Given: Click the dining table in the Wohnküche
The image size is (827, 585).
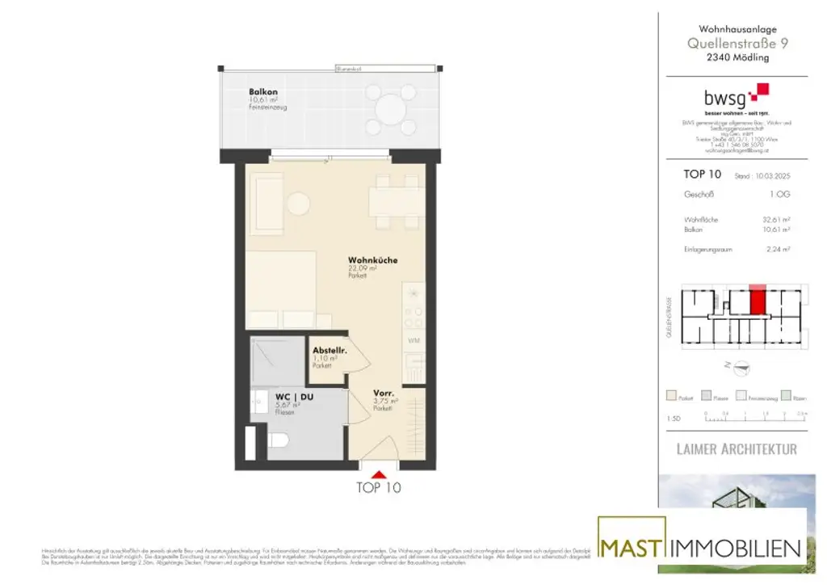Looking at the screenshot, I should [x=394, y=200].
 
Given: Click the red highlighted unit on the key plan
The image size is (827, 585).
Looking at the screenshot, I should [x=758, y=301].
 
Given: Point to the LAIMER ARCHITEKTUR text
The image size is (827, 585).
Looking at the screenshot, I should [x=736, y=448].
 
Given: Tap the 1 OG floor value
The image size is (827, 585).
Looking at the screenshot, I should [x=779, y=195].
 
